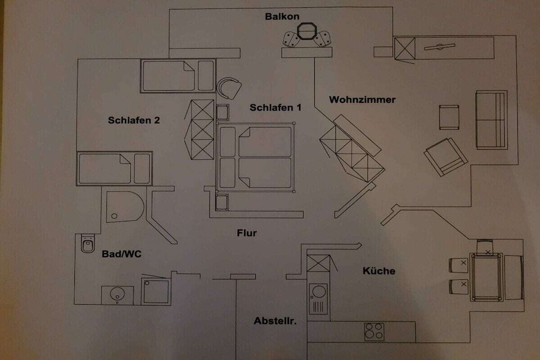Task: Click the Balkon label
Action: tap(282, 16)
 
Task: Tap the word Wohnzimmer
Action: tap(362, 100)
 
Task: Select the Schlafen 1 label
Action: tap(275, 108)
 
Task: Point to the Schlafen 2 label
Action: tap(134, 120)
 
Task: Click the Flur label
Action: tap(247, 233)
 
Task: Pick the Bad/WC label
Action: tap(122, 254)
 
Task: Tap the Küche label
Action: tap(379, 271)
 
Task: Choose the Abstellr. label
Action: tap(275, 321)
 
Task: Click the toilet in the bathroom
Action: tap(88, 244)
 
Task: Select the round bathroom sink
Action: tap(118, 294)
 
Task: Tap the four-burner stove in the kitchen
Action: tap(374, 332)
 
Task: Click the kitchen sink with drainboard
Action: tap(318, 299)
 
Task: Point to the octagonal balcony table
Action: tap(306, 32)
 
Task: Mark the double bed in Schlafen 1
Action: tap(255, 157)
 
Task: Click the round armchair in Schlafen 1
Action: tap(229, 88)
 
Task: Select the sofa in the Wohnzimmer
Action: tap(491, 120)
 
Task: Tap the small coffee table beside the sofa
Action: tap(449, 118)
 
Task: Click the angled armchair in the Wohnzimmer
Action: tap(446, 157)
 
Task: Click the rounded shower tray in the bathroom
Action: tap(124, 207)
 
